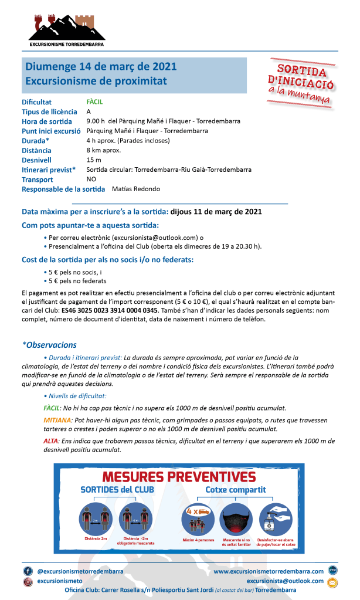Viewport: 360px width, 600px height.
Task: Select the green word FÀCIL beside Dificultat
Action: [x=94, y=101]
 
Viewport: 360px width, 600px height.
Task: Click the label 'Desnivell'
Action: [x=36, y=160]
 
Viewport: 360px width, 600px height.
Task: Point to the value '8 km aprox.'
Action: [x=103, y=150]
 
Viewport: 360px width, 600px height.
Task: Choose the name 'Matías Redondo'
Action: [x=135, y=189]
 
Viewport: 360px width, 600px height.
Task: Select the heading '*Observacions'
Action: [x=49, y=345]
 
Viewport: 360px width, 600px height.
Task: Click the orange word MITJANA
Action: [x=58, y=421]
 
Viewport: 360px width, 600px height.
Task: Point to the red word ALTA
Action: [x=51, y=440]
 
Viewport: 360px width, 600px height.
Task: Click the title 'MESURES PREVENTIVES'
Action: [x=179, y=476]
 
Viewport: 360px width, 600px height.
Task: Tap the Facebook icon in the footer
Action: [x=28, y=571]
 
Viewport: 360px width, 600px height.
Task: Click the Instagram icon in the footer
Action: [x=28, y=581]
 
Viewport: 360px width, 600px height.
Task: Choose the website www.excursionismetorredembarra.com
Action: [x=269, y=571]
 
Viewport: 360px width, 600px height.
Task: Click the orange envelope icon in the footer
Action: [x=332, y=582]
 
